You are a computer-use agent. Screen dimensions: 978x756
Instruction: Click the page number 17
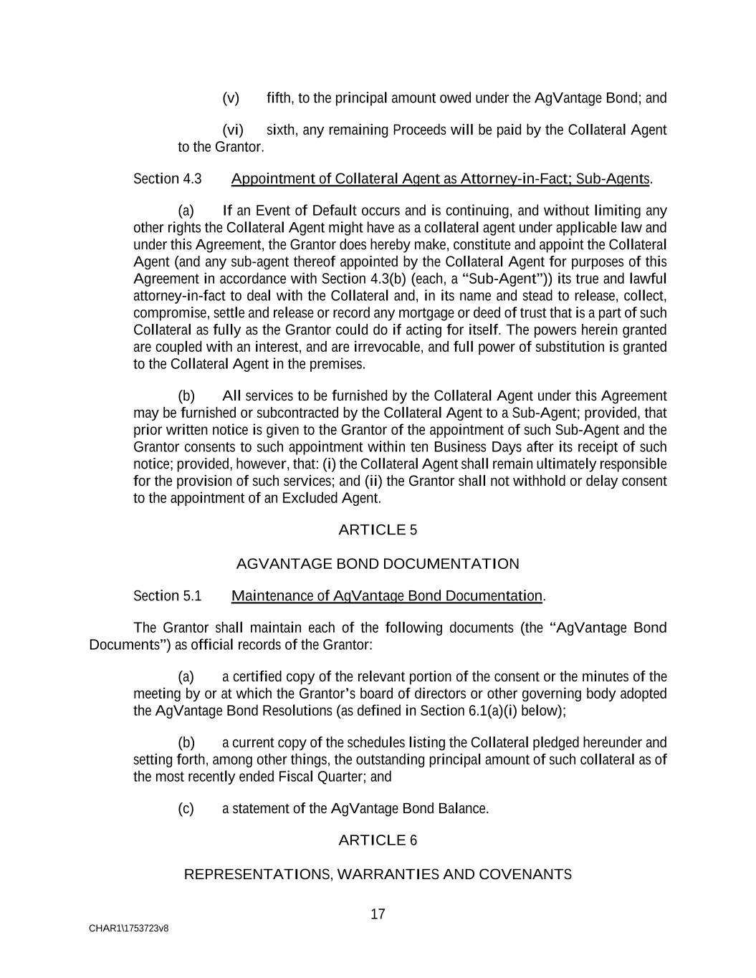click(x=378, y=914)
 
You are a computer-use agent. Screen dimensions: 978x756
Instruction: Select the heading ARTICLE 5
click(x=378, y=530)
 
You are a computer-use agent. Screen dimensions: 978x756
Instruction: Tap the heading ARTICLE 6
click(x=378, y=840)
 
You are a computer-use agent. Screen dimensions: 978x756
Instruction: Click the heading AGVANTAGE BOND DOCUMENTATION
click(x=378, y=564)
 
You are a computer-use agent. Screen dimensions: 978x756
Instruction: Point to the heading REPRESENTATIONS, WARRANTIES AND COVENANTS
click(x=378, y=874)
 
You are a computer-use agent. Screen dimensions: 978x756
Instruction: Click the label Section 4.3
click(x=168, y=178)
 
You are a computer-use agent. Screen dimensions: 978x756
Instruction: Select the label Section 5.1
click(x=168, y=596)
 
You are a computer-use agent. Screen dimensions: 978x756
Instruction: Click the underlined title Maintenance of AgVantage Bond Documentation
click(x=387, y=596)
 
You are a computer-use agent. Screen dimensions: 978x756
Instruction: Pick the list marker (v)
click(x=231, y=98)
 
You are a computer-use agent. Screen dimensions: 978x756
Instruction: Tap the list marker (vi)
click(x=233, y=130)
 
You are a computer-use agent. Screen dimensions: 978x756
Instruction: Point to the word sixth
click(x=282, y=130)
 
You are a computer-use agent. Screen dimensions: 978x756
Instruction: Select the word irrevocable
click(x=387, y=347)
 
